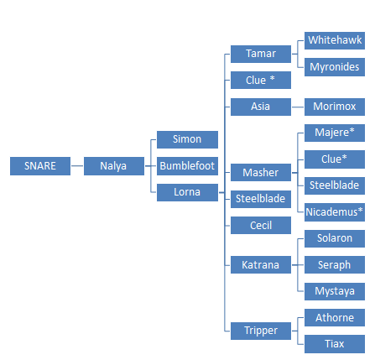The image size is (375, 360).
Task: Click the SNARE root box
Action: pos(40,166)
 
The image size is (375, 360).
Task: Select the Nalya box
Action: pos(114,166)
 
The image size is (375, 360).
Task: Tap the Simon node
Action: pos(187,139)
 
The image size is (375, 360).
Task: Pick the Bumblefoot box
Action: pos(187,166)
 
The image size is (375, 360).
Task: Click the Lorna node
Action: pos(187,192)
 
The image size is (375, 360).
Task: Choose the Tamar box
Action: pos(261,54)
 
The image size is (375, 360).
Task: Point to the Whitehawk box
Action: pos(335,40)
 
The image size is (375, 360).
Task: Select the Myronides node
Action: pos(335,67)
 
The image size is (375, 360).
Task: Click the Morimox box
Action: pos(335,107)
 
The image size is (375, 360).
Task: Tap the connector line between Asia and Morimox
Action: pos(298,107)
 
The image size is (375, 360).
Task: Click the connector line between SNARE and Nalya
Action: pos(77,166)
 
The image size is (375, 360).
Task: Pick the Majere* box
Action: pos(335,133)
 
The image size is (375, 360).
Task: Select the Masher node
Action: pos(261,173)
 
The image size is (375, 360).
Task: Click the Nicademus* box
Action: pos(335,212)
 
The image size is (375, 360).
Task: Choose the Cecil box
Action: pos(261,225)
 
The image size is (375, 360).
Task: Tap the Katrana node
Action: pos(261,265)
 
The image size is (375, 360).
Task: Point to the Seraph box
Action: pos(335,265)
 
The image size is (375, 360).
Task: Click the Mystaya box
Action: pos(335,291)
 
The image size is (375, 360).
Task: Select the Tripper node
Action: pos(261,331)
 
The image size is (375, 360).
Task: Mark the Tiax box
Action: pos(335,344)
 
